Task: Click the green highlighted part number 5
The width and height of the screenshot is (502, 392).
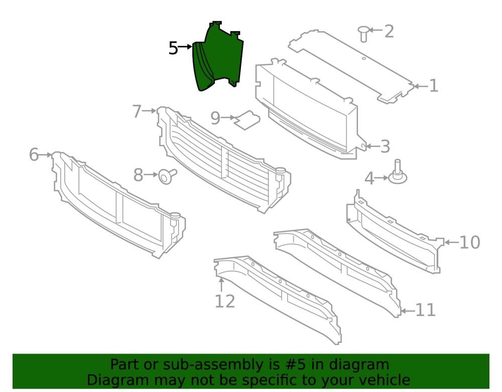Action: pyautogui.click(x=219, y=58)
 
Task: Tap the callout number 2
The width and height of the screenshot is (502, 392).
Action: pyautogui.click(x=389, y=31)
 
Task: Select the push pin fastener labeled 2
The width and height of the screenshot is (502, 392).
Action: pyautogui.click(x=363, y=34)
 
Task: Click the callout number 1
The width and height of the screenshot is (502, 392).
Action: pyautogui.click(x=434, y=86)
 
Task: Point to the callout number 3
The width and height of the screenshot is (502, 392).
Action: pyautogui.click(x=385, y=147)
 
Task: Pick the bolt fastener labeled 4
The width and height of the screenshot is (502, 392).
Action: pyautogui.click(x=398, y=173)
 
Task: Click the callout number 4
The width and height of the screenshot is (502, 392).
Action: pyautogui.click(x=369, y=178)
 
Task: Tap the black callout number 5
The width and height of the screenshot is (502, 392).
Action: pyautogui.click(x=173, y=48)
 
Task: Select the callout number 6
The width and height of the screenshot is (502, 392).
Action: pyautogui.click(x=34, y=155)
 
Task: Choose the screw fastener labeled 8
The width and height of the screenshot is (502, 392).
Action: pyautogui.click(x=167, y=176)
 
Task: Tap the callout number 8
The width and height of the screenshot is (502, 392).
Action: pyautogui.click(x=139, y=175)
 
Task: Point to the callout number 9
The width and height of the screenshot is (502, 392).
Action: pyautogui.click(x=215, y=118)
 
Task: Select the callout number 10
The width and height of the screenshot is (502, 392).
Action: pyautogui.click(x=470, y=242)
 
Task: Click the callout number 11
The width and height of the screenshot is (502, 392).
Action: pyautogui.click(x=426, y=310)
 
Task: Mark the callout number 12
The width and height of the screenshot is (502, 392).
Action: pyautogui.click(x=225, y=302)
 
